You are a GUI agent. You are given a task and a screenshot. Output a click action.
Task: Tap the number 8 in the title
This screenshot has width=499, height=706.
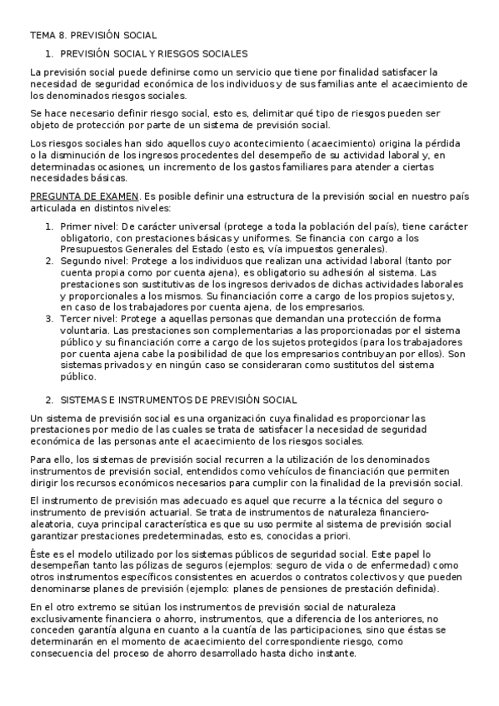63,36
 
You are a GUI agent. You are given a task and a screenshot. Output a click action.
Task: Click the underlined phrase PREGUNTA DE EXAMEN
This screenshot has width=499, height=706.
77,196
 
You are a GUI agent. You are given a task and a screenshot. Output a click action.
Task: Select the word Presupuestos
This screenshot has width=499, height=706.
95,248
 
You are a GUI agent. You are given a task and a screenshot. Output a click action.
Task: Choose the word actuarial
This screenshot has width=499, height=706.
167,512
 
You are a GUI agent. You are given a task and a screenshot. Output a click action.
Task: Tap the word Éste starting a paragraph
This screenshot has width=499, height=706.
40,553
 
